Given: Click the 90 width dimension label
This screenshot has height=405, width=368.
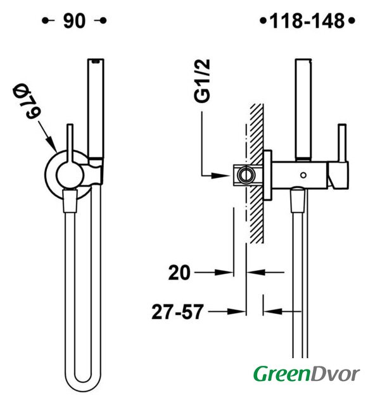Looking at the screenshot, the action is click(x=74, y=21).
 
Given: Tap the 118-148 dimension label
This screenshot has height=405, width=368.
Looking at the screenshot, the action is click(x=307, y=21).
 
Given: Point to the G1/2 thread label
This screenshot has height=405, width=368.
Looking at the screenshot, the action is click(x=202, y=81).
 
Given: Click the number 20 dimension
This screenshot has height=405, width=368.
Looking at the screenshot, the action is click(x=179, y=273).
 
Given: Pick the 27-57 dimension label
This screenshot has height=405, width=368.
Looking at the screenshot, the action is click(x=177, y=312).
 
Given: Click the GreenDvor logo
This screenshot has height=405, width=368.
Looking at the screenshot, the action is click(x=307, y=373).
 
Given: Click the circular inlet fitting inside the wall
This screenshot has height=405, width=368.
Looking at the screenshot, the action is click(x=246, y=175).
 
